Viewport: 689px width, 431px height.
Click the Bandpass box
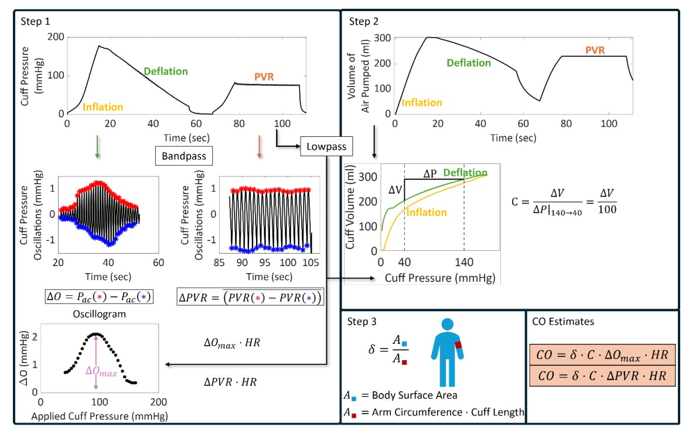(x=183, y=156)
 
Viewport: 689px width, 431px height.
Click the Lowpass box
(x=326, y=147)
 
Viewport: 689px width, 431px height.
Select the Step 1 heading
(x=36, y=22)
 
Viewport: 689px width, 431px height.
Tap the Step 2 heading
(x=364, y=22)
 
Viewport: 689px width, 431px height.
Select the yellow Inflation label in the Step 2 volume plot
(x=418, y=103)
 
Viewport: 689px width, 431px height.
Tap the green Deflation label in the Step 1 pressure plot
(x=166, y=71)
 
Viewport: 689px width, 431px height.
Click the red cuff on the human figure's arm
(x=459, y=344)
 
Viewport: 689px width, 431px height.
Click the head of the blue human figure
(x=446, y=325)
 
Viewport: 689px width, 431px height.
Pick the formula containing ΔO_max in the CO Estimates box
(x=602, y=356)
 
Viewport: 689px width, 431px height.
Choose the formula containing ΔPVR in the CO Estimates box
(x=602, y=376)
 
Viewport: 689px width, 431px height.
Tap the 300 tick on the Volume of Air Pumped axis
(x=382, y=38)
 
